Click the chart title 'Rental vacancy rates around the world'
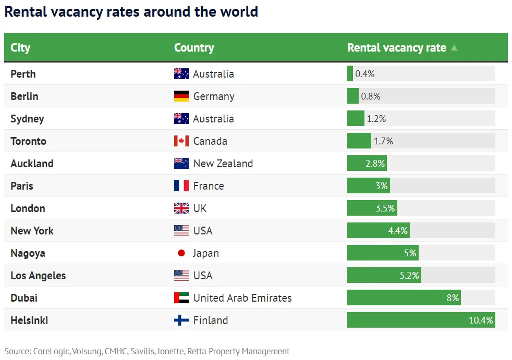click(x=131, y=11)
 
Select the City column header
click(x=20, y=47)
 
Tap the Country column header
click(x=194, y=47)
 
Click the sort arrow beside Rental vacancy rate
click(x=454, y=48)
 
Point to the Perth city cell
click(x=23, y=74)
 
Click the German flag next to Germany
click(x=181, y=96)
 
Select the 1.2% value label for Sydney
click(x=376, y=119)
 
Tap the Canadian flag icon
click(x=181, y=141)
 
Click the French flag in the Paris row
click(x=181, y=186)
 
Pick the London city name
click(x=28, y=208)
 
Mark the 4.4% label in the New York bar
click(x=398, y=231)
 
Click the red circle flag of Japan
click(x=181, y=253)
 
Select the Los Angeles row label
click(x=38, y=276)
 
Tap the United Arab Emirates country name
click(x=242, y=298)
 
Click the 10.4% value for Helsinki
click(x=481, y=320)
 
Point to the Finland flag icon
click(x=181, y=320)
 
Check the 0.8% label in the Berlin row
click(x=371, y=96)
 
